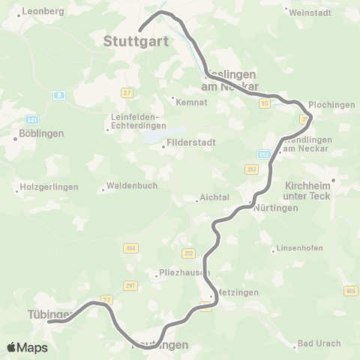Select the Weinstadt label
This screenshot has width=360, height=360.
point(309,12)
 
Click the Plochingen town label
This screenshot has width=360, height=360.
point(331,105)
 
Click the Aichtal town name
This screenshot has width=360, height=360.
point(207,199)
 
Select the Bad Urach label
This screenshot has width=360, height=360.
point(319,343)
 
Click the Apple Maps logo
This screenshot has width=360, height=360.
point(27,347)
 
